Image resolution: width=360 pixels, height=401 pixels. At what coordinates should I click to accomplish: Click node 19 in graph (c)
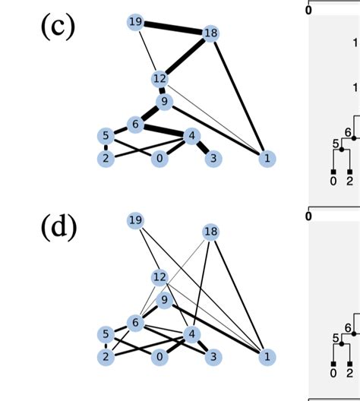pyautogui.click(x=136, y=22)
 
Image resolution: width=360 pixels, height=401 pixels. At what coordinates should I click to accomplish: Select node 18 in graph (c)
pyautogui.click(x=210, y=33)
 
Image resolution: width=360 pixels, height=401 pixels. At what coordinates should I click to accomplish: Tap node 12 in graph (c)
pyautogui.click(x=159, y=78)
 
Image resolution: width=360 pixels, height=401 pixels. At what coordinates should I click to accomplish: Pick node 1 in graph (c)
pyautogui.click(x=267, y=159)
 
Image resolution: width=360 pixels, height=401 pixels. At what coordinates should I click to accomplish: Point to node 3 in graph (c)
pyautogui.click(x=215, y=159)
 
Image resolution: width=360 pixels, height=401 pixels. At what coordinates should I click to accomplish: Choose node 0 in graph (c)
pyautogui.click(x=159, y=159)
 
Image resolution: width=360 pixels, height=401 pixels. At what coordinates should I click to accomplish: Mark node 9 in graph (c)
pyautogui.click(x=164, y=101)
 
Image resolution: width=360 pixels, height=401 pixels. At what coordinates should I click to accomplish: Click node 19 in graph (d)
pyautogui.click(x=136, y=220)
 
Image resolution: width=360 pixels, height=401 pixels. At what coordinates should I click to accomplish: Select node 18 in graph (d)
pyautogui.click(x=210, y=231)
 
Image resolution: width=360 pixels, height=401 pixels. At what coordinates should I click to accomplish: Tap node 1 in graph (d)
pyautogui.click(x=267, y=356)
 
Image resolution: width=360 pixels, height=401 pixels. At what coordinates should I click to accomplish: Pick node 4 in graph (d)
pyautogui.click(x=191, y=334)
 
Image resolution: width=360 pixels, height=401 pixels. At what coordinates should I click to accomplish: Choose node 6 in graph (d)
pyautogui.click(x=136, y=323)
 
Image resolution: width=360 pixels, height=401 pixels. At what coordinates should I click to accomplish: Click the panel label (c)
pyautogui.click(x=57, y=27)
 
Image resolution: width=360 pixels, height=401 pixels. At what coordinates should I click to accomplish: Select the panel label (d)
pyautogui.click(x=57, y=226)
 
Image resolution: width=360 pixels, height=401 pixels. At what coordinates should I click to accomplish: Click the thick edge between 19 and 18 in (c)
pyautogui.click(x=173, y=27)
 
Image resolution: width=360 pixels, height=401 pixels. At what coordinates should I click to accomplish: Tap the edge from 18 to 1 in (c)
pyautogui.click(x=238, y=96)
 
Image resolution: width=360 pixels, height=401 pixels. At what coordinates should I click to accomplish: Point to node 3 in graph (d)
pyautogui.click(x=215, y=356)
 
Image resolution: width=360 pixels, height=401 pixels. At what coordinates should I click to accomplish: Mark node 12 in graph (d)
pyautogui.click(x=159, y=276)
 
